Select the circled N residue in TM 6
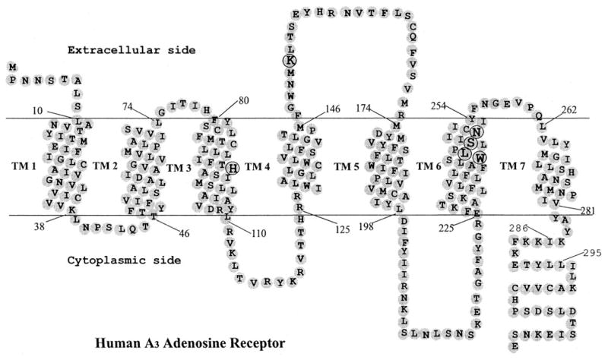(477, 131)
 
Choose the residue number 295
(593, 253)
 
